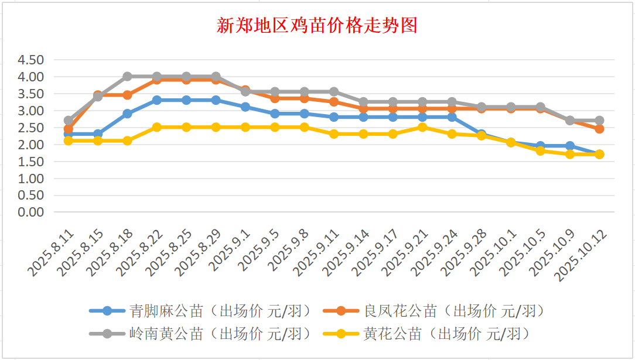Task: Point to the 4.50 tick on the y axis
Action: click(x=31, y=60)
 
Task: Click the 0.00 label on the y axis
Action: click(x=31, y=212)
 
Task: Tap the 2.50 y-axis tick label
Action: click(x=31, y=128)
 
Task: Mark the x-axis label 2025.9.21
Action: click(x=407, y=253)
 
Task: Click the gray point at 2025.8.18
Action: click(x=127, y=77)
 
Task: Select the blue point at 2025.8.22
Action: click(x=157, y=100)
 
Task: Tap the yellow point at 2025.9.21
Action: click(x=422, y=127)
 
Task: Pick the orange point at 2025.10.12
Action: click(x=599, y=129)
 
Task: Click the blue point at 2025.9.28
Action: click(x=481, y=134)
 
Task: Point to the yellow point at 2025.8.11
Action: click(x=69, y=140)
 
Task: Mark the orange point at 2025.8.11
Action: click(x=69, y=129)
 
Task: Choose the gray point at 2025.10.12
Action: click(x=599, y=121)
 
